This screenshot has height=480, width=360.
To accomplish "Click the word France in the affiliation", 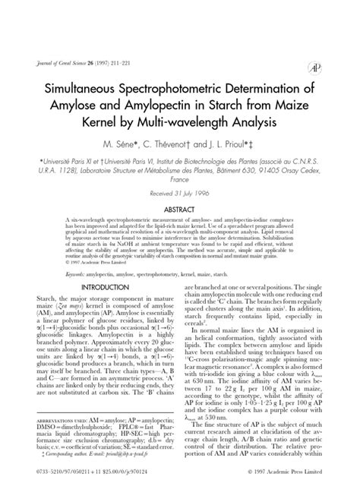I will pos(179,182).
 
